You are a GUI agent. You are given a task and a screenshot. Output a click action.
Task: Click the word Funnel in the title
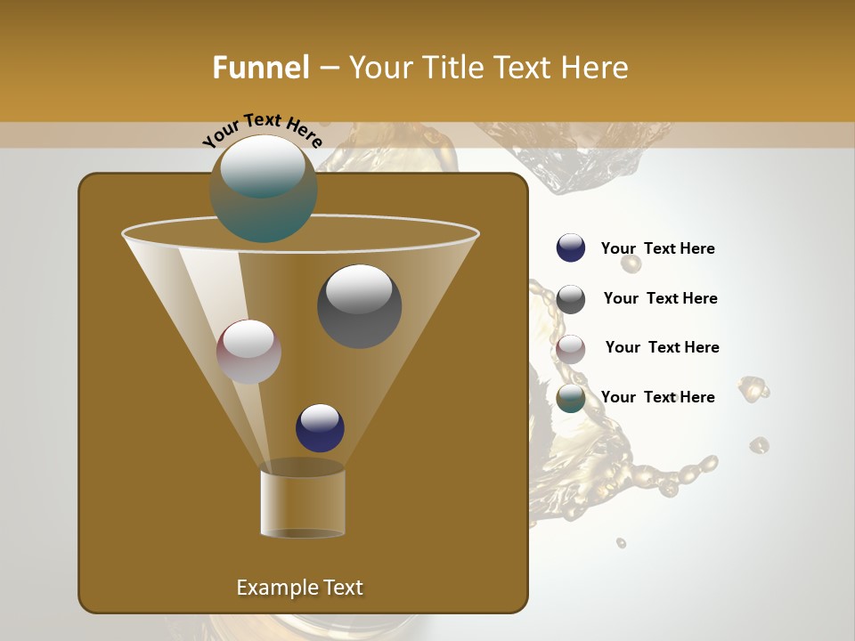point(260,68)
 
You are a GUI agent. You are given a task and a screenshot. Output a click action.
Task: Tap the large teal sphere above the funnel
point(264,189)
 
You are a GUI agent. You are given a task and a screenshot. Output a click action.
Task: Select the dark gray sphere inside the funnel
point(359,306)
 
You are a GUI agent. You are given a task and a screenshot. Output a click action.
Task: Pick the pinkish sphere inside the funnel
point(248,352)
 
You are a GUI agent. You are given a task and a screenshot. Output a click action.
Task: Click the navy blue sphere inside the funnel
point(320,427)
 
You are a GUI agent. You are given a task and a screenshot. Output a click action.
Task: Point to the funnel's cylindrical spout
point(303,503)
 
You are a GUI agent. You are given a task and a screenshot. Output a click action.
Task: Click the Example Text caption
point(299,588)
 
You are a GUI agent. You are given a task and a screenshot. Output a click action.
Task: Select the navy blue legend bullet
point(571,248)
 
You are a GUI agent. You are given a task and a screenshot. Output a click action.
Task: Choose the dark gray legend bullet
point(571,299)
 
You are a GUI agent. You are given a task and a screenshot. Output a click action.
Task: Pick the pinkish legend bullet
point(571,349)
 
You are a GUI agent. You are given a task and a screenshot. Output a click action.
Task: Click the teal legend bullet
point(571,399)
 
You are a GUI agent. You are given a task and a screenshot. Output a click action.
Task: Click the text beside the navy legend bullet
point(658,249)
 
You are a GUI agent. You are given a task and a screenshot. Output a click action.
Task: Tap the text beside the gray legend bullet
point(660,299)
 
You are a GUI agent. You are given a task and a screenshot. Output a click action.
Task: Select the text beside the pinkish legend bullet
point(662,348)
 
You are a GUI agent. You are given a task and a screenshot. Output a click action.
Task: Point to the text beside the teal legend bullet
point(658,398)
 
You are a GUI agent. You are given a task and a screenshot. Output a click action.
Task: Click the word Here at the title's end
point(596,68)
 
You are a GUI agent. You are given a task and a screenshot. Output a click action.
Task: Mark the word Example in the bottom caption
point(275,588)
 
